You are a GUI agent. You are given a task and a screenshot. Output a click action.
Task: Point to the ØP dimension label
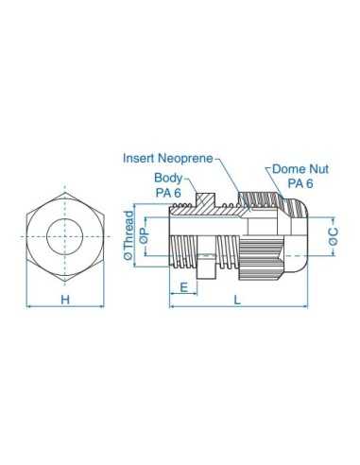[144, 235]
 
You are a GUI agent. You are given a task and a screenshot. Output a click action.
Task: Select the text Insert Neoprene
[167, 159]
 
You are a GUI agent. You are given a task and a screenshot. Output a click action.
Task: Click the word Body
[168, 177]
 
